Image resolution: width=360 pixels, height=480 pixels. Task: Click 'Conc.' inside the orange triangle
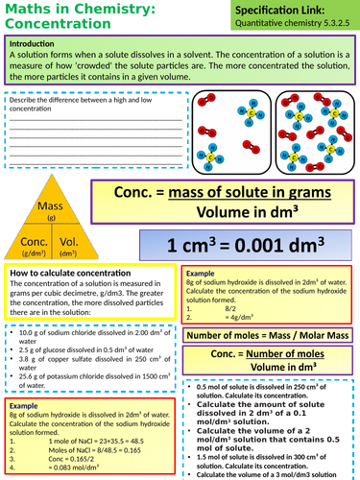(35, 242)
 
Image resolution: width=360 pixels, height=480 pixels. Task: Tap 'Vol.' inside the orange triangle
(69, 242)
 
